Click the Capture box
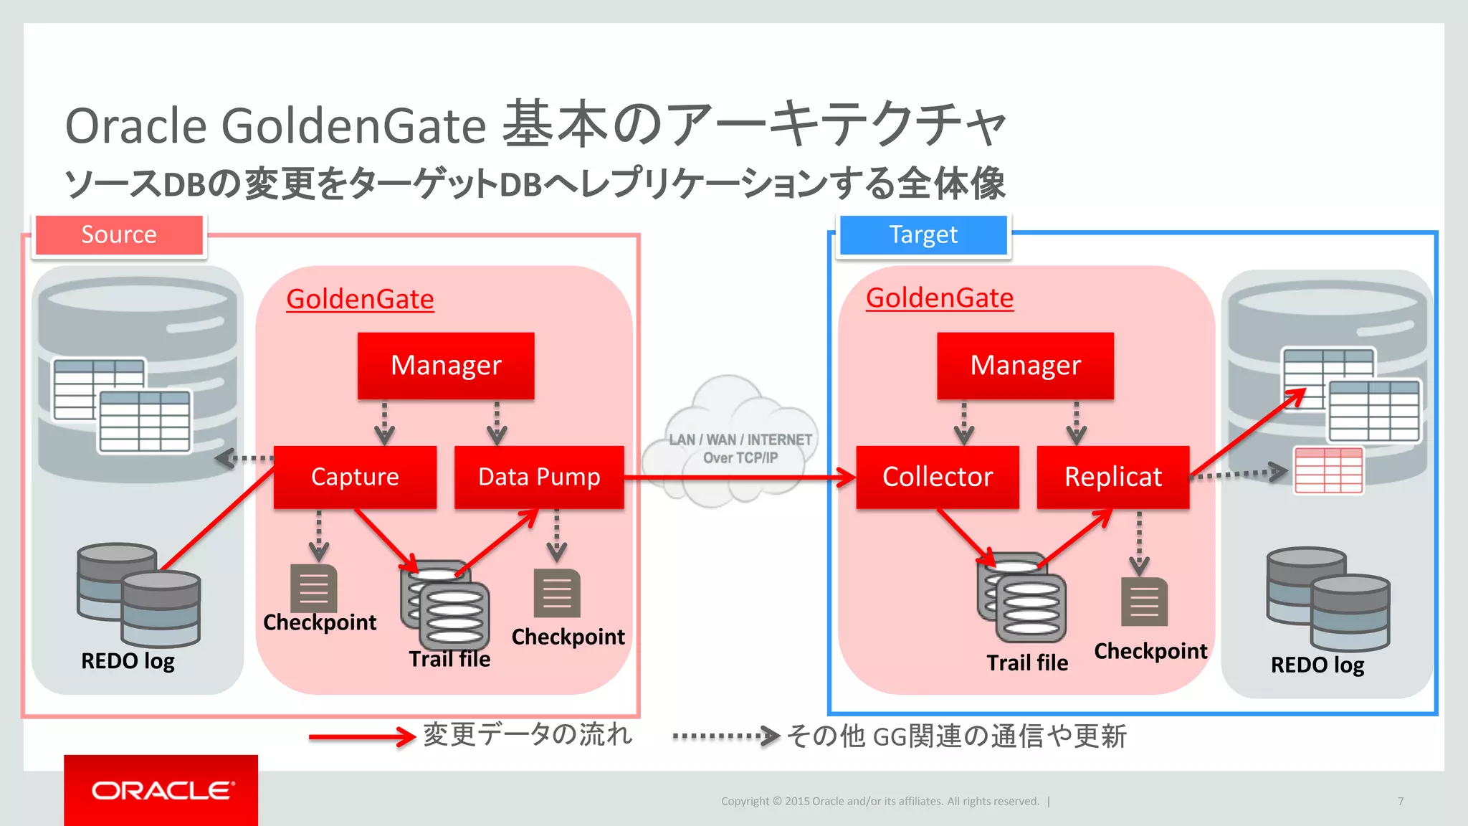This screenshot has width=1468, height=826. pos(355,477)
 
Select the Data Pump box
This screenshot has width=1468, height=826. pos(539,477)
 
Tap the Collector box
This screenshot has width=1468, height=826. pos(937,477)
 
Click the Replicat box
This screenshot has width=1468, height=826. pos(1112,477)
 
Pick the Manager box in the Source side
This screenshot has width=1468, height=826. pos(446,365)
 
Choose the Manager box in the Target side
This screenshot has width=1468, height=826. pos(1025,365)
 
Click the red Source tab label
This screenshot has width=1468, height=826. pos(119,234)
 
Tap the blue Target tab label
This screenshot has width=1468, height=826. pos(923,234)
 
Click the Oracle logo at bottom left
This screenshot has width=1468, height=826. pos(161,790)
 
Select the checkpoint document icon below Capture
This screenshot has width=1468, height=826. pos(313,588)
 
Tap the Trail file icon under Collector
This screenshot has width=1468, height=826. pos(1021,599)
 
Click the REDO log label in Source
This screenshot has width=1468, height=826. pos(128,660)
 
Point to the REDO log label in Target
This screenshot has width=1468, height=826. pos(1317,665)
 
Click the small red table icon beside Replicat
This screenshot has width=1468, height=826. pos(1328,470)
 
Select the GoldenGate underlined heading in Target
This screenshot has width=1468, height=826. pos(939,298)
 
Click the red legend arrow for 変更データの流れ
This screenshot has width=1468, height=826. pos(362,736)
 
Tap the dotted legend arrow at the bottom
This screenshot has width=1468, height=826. pos(725,736)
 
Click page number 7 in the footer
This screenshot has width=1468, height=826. pos(1400,801)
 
